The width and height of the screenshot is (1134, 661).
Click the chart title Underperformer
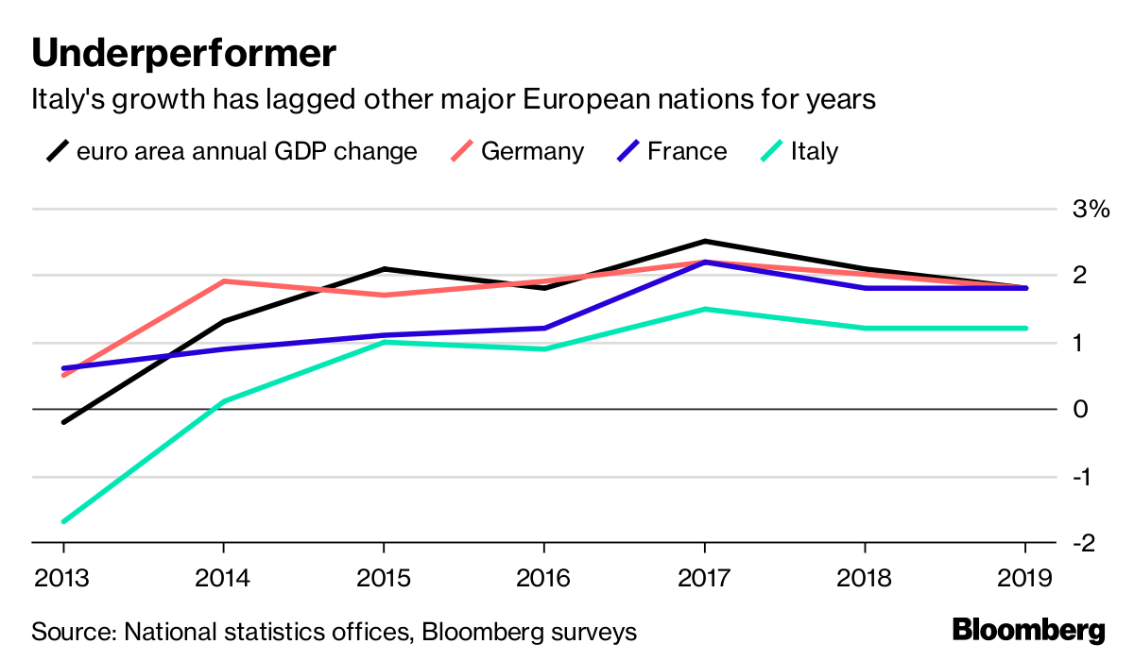point(183,53)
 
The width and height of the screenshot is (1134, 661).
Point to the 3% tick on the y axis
point(1090,209)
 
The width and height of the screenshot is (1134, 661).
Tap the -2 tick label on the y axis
point(1087,543)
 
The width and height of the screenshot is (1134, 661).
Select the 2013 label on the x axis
point(63,577)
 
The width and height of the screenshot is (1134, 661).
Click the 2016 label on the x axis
point(544,577)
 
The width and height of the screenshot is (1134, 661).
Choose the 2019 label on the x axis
point(1026,577)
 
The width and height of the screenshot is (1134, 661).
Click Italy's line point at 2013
point(63,521)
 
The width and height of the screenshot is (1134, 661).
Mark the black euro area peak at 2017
point(705,242)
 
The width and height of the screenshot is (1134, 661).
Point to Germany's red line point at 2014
point(223,281)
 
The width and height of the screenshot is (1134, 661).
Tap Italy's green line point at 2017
point(705,309)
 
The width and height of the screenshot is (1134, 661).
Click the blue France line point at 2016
point(544,329)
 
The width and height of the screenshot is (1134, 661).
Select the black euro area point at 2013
point(63,422)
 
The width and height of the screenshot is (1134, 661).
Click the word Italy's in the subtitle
point(68,99)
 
